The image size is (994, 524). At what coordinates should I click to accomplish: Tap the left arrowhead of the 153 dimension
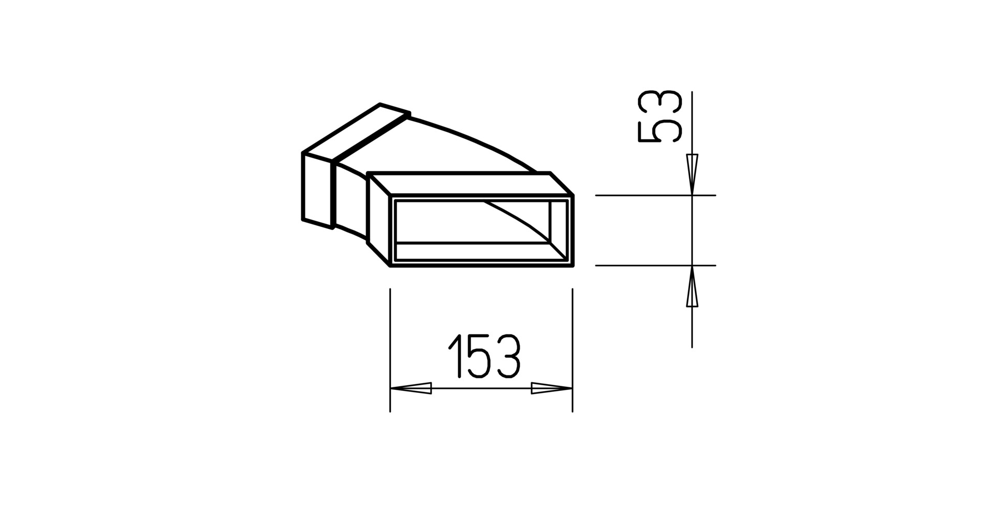411,388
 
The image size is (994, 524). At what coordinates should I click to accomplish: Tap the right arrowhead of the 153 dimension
551,388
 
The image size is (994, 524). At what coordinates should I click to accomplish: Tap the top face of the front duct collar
466,184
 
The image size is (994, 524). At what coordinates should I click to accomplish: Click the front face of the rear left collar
317,189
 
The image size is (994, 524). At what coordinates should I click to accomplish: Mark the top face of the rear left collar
357,132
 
